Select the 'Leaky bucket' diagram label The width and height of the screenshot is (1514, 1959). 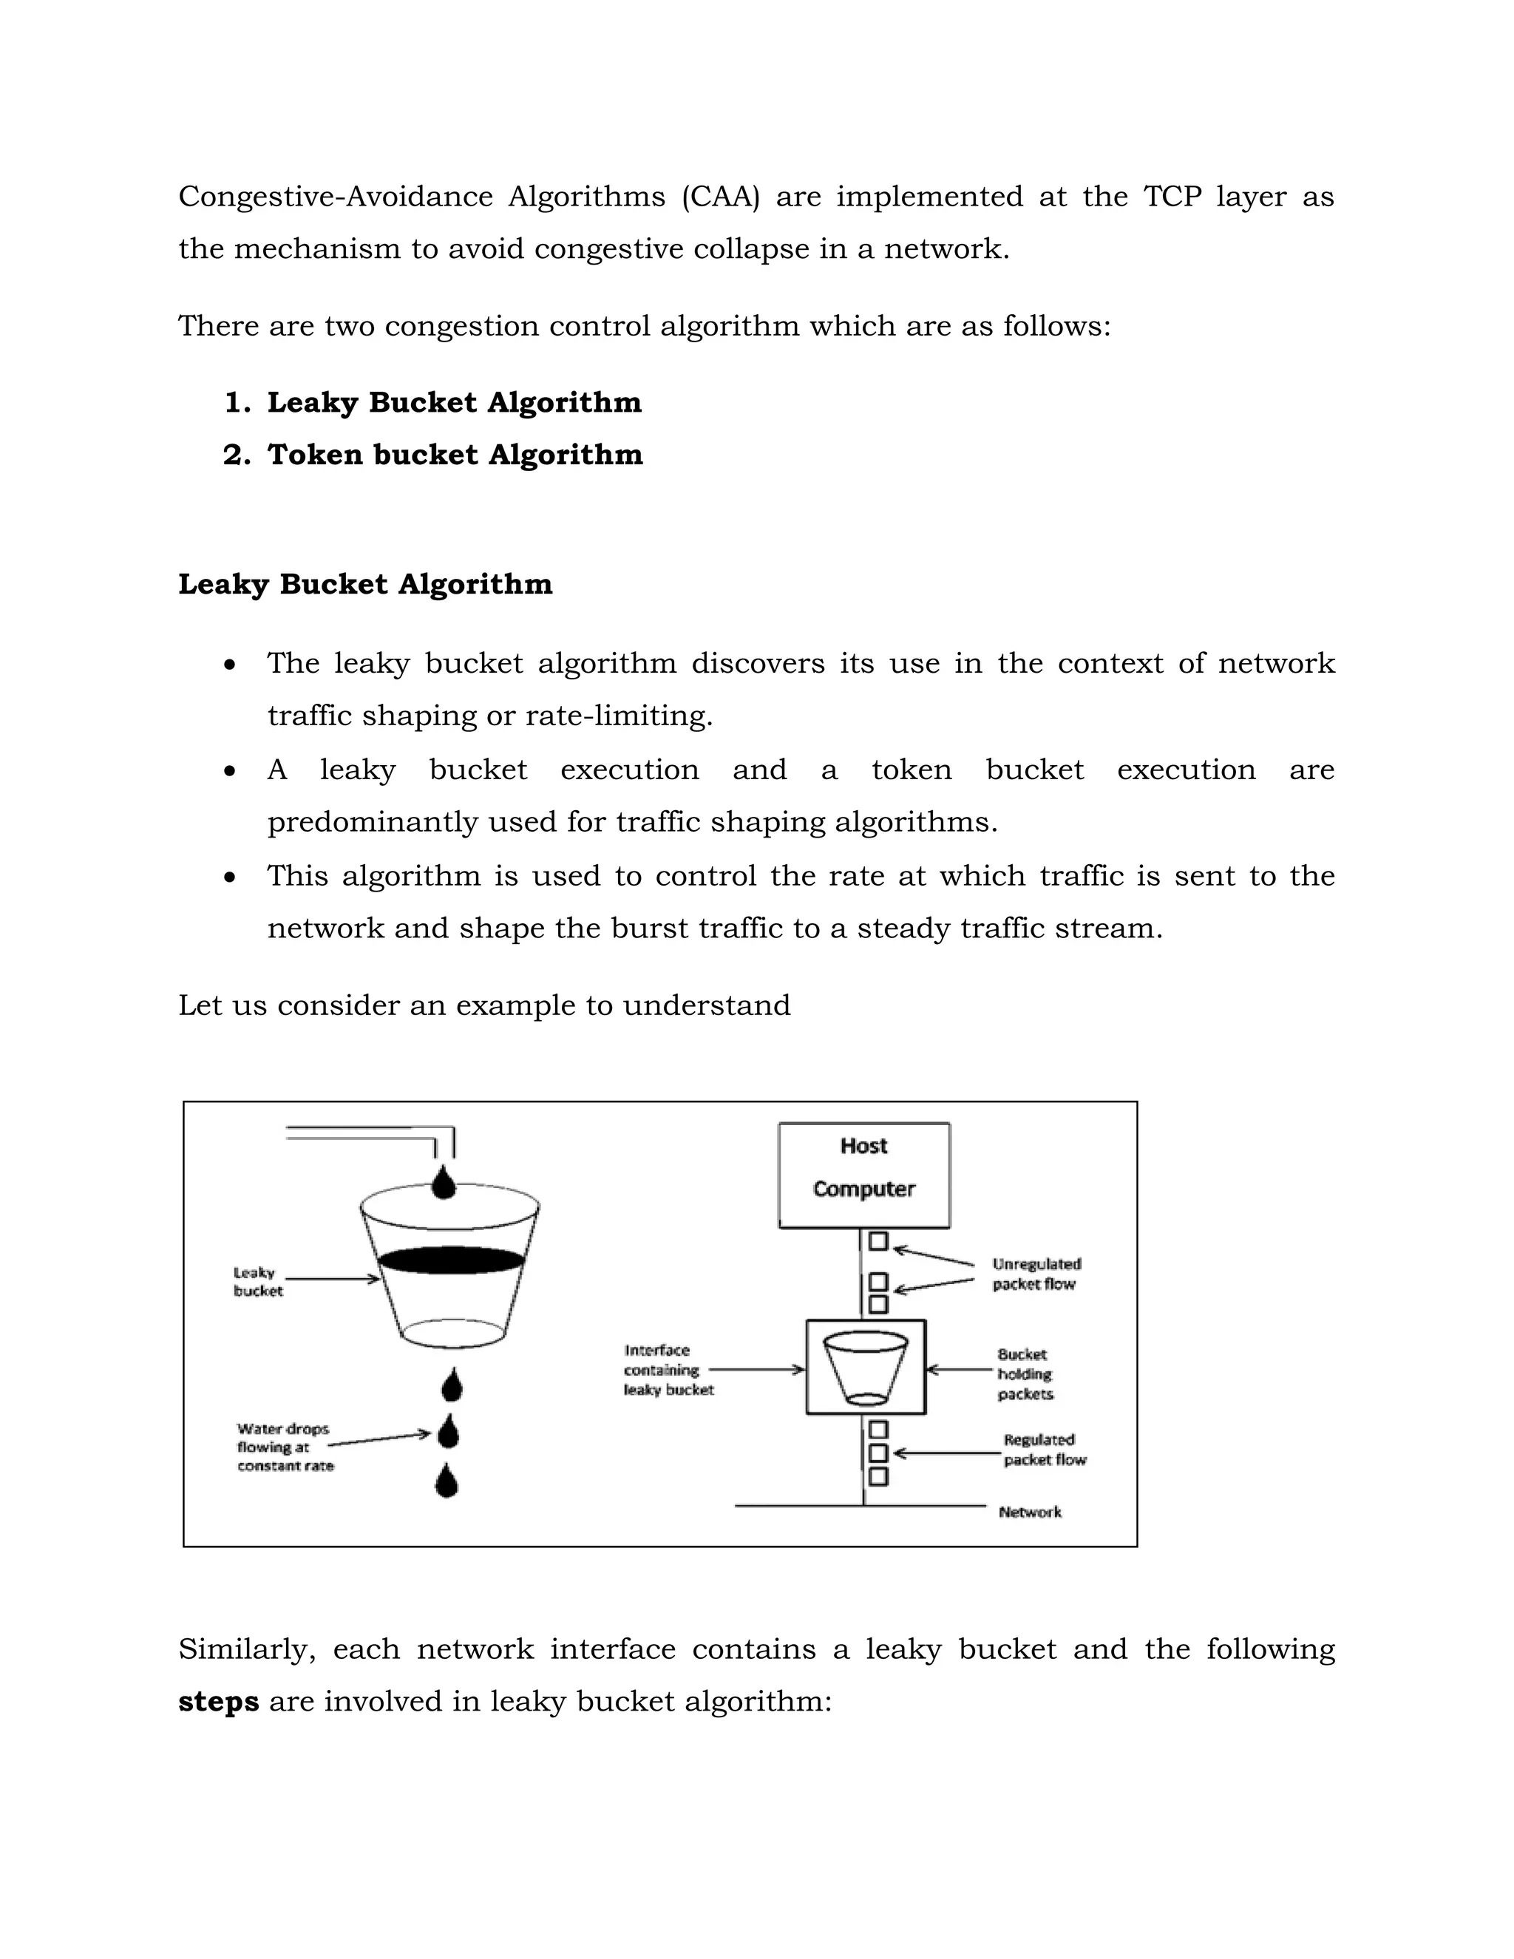pos(257,1282)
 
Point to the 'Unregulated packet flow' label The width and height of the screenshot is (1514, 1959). pos(1036,1274)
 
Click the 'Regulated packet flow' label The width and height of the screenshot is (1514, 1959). pos(1044,1450)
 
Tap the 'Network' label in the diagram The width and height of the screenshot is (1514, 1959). pos(1030,1512)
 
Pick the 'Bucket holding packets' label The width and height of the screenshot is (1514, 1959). pos(1025,1374)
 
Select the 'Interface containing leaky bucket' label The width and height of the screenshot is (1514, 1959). pos(668,1370)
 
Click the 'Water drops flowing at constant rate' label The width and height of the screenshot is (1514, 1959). pos(285,1447)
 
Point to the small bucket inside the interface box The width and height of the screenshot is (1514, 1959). pos(866,1368)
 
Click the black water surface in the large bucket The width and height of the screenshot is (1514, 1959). pos(451,1260)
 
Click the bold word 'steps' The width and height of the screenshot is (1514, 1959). pos(218,1702)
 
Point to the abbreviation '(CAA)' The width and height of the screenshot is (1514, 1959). pos(720,197)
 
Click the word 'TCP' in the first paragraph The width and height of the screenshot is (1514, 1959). pos(1172,197)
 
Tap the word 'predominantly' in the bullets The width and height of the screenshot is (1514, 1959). pos(370,821)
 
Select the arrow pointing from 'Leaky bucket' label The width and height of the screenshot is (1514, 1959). pos(333,1278)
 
